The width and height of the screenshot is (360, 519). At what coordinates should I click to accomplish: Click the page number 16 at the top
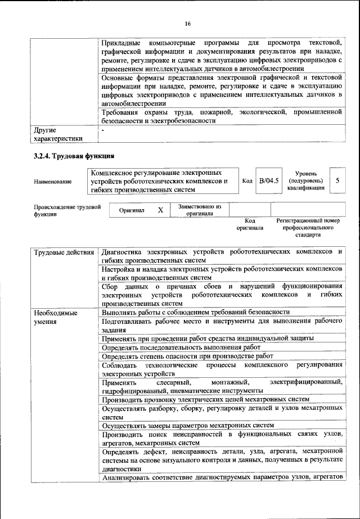coord(187,23)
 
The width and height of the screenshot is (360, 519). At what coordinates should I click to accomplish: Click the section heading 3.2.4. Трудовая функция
coord(74,155)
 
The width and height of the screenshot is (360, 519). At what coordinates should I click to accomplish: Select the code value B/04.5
coord(268,181)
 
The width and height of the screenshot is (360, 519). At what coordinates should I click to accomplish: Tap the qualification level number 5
coord(337,181)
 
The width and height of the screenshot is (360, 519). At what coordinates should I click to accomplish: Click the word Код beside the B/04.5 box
coord(246,181)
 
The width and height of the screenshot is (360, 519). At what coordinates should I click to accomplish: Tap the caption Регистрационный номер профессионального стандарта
coord(309,229)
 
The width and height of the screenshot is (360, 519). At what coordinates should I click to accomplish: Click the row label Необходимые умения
coord(55,317)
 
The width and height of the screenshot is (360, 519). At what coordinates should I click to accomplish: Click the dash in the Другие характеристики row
coord(103,130)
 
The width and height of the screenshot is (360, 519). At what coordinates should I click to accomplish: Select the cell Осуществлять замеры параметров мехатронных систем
coord(188,425)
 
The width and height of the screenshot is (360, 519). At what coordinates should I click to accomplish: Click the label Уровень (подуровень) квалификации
coord(306,182)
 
